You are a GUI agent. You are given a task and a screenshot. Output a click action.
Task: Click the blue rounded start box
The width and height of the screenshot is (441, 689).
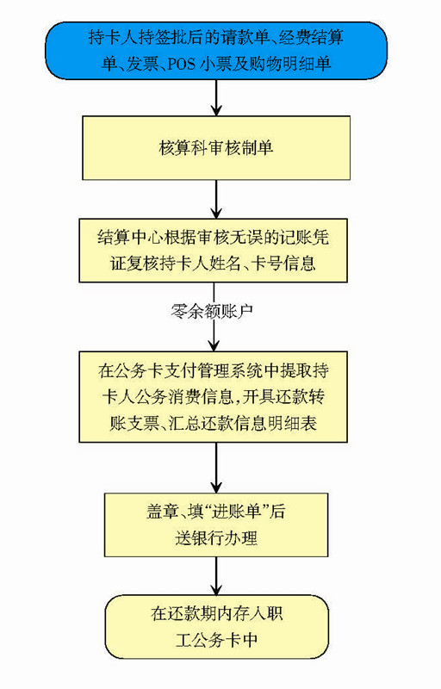coord(216,52)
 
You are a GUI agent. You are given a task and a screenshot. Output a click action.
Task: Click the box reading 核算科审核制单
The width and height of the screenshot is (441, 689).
coord(216,147)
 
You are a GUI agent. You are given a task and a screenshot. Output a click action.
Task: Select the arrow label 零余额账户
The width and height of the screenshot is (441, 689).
coord(212,311)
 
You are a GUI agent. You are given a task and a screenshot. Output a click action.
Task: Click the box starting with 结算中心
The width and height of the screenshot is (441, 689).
coord(213,251)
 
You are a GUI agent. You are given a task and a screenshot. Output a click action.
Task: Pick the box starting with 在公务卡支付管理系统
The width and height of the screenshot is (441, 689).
coord(213,397)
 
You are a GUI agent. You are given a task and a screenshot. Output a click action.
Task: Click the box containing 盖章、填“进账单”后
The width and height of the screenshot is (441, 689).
coord(216,525)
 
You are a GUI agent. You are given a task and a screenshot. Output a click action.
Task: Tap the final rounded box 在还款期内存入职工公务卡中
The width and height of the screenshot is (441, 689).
coord(216,627)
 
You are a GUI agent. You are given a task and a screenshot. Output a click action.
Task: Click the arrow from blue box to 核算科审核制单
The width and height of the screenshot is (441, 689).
coord(216,98)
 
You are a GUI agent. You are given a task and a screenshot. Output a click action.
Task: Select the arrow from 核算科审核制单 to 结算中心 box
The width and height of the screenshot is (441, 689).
coord(216,200)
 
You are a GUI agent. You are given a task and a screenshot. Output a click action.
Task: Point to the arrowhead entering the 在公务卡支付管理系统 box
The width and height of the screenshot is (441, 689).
coord(214,346)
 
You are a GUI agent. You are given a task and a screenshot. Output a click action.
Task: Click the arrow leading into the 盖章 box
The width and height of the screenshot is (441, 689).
coord(216,468)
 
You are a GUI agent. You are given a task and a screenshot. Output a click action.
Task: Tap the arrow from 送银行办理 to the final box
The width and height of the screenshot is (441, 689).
coord(216,576)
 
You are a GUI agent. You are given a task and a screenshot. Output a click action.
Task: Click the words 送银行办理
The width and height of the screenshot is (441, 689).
coord(216,538)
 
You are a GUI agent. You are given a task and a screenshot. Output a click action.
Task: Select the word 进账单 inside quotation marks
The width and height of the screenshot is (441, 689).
coord(237,512)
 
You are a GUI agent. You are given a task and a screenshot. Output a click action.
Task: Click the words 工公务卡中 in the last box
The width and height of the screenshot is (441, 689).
coord(216,640)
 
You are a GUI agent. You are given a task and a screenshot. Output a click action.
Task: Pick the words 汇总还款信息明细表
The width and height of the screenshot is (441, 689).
coord(243,423)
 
